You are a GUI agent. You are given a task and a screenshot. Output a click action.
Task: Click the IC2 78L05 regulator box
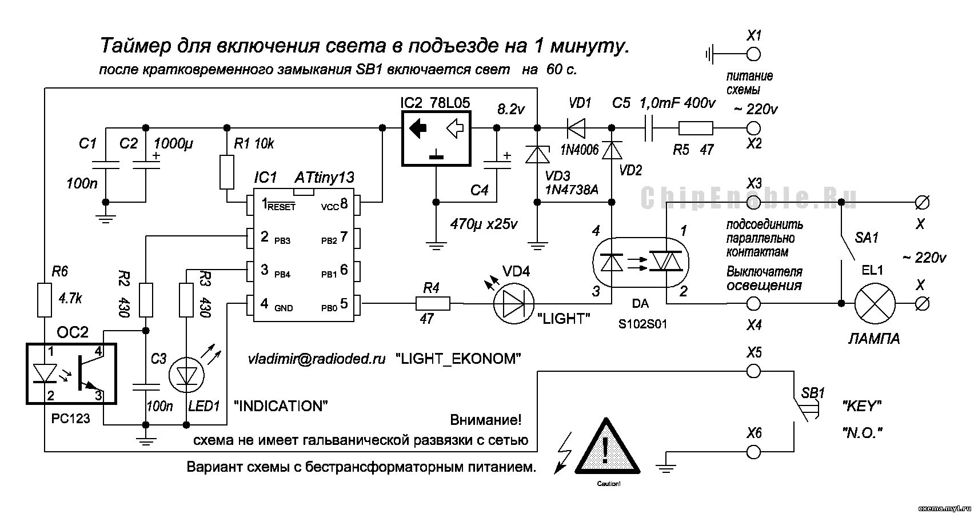click(436, 138)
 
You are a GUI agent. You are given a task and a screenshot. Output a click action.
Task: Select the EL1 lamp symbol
click(875, 303)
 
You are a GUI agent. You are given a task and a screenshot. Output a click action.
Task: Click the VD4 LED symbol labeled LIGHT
click(512, 303)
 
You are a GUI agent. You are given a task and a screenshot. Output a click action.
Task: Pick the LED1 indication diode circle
click(187, 375)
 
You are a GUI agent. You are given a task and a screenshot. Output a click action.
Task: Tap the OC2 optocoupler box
click(71, 374)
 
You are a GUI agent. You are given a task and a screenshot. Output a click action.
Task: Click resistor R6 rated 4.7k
click(45, 299)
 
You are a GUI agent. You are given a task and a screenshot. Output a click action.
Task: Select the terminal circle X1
click(754, 54)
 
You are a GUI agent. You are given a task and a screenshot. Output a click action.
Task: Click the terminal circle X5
click(754, 371)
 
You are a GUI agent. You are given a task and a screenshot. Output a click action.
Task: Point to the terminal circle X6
click(754, 452)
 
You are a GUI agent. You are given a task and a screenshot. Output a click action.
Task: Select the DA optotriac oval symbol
click(640, 262)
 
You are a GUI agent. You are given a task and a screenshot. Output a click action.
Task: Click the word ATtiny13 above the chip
click(325, 178)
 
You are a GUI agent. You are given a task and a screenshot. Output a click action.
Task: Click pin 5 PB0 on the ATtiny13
click(357, 303)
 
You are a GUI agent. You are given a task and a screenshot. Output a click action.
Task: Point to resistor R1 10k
click(227, 172)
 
